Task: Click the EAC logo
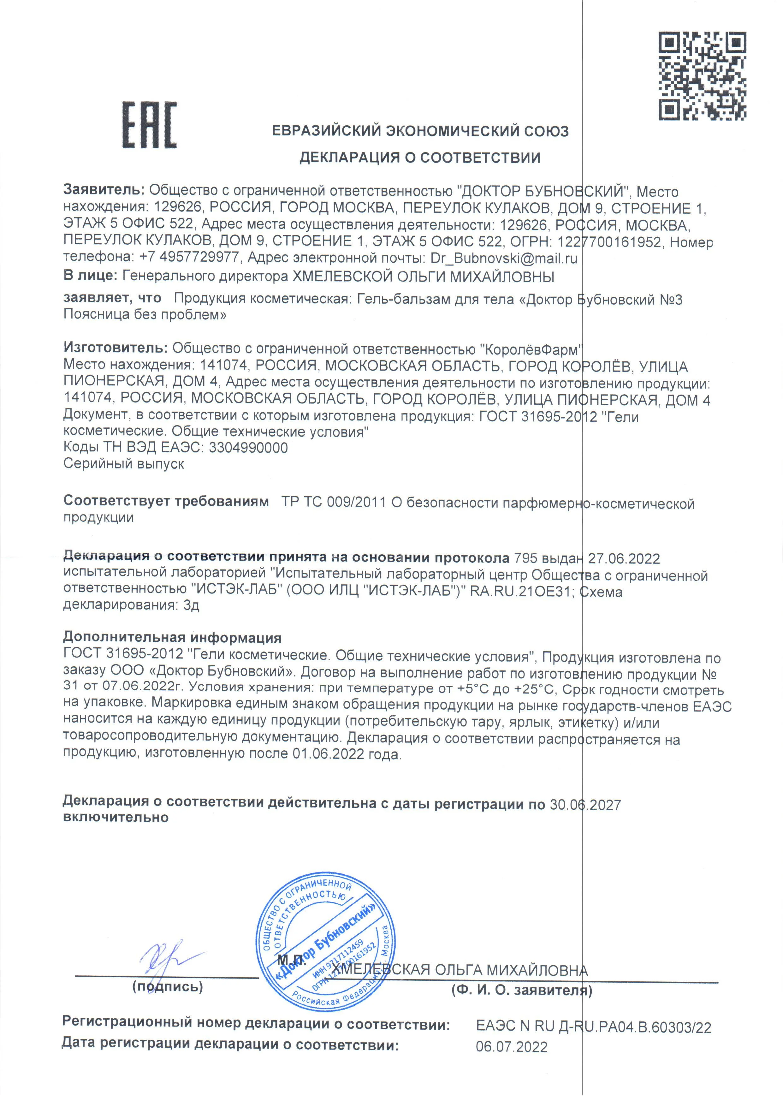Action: click(149, 125)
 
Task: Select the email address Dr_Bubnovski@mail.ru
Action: click(503, 259)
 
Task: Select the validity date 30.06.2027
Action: click(585, 805)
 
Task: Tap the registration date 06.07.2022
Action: click(512, 1047)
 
